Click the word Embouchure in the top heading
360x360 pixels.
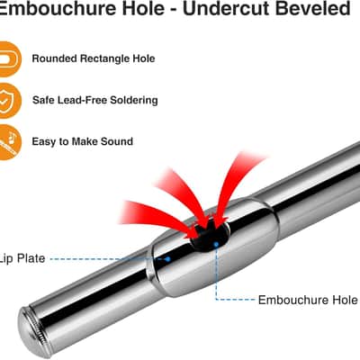[x=57, y=8]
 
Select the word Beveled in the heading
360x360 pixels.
[x=313, y=8]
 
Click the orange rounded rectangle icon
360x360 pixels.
[x=9, y=59]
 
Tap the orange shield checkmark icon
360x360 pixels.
[x=9, y=101]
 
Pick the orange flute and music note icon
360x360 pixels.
[x=9, y=142]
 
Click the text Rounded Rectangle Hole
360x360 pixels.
[x=94, y=58]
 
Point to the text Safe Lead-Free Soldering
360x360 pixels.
[x=94, y=100]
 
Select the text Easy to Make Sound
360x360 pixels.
[x=83, y=141]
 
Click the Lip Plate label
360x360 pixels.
[x=22, y=258]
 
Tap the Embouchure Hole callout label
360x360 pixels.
[x=308, y=300]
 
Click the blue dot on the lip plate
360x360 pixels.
[x=167, y=259]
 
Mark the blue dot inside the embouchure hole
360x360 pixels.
[x=216, y=245]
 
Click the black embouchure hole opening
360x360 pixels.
[x=210, y=237]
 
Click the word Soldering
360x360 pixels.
[x=134, y=100]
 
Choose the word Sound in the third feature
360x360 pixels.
[x=117, y=141]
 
